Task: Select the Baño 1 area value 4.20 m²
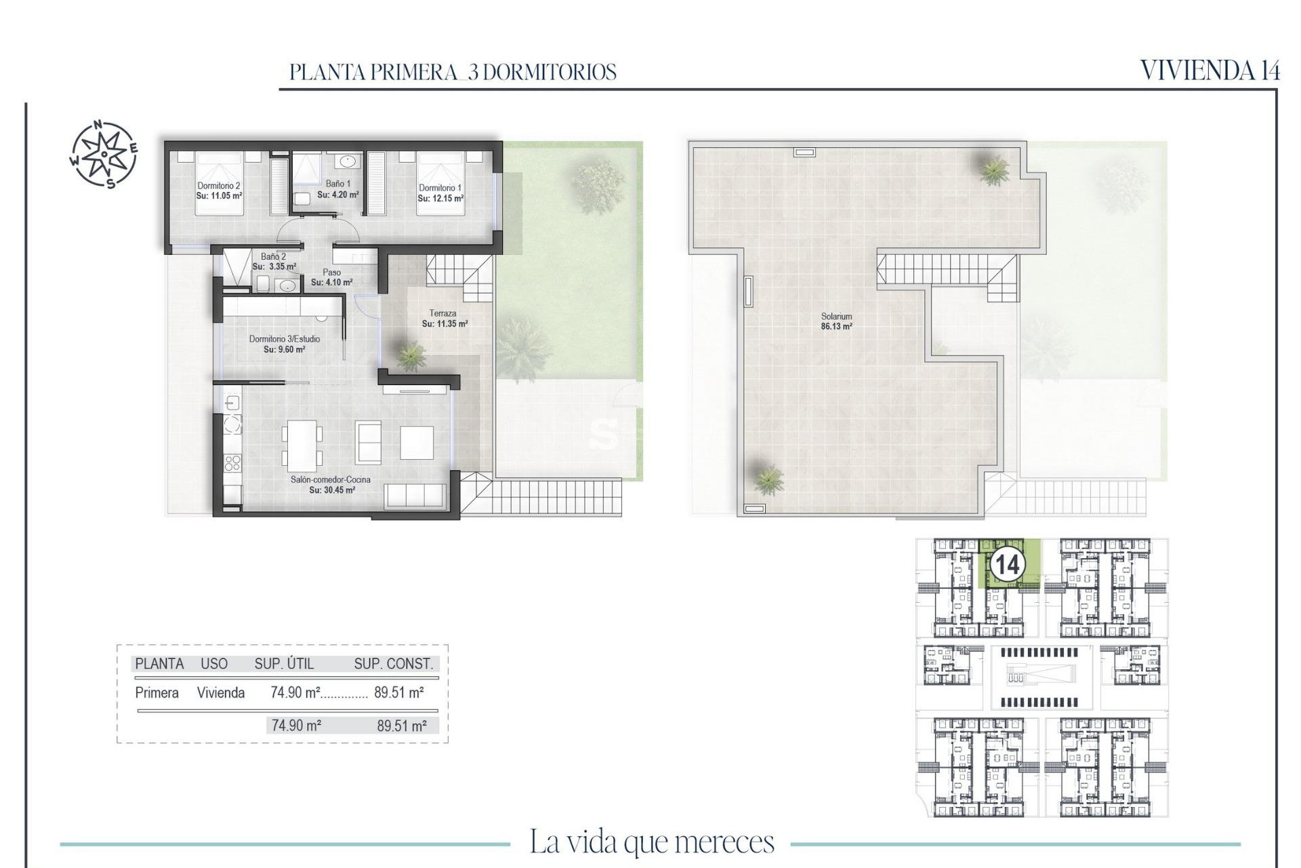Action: [338, 195]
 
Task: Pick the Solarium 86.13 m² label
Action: [836, 321]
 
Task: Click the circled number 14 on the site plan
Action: [1006, 564]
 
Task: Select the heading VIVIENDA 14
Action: [1210, 71]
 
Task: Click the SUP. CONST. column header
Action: [393, 664]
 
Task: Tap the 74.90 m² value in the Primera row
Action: [295, 692]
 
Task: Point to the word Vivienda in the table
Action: [220, 692]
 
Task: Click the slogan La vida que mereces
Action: [651, 842]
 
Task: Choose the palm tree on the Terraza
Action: [410, 355]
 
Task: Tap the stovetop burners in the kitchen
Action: [232, 463]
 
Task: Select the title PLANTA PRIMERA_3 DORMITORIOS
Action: [453, 72]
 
